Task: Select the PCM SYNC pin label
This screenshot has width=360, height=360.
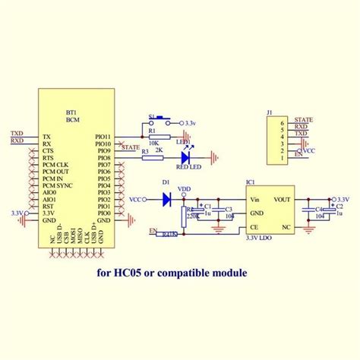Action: point(58,185)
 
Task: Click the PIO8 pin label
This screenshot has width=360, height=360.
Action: point(105,158)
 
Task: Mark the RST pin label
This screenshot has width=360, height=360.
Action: point(48,206)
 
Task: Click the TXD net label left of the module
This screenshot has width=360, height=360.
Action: point(17,134)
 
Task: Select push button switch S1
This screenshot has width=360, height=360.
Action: point(162,119)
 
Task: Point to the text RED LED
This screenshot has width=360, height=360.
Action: point(189,166)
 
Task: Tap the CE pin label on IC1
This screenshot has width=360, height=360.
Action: point(253,226)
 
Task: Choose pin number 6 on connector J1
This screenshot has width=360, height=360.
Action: point(283,122)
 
